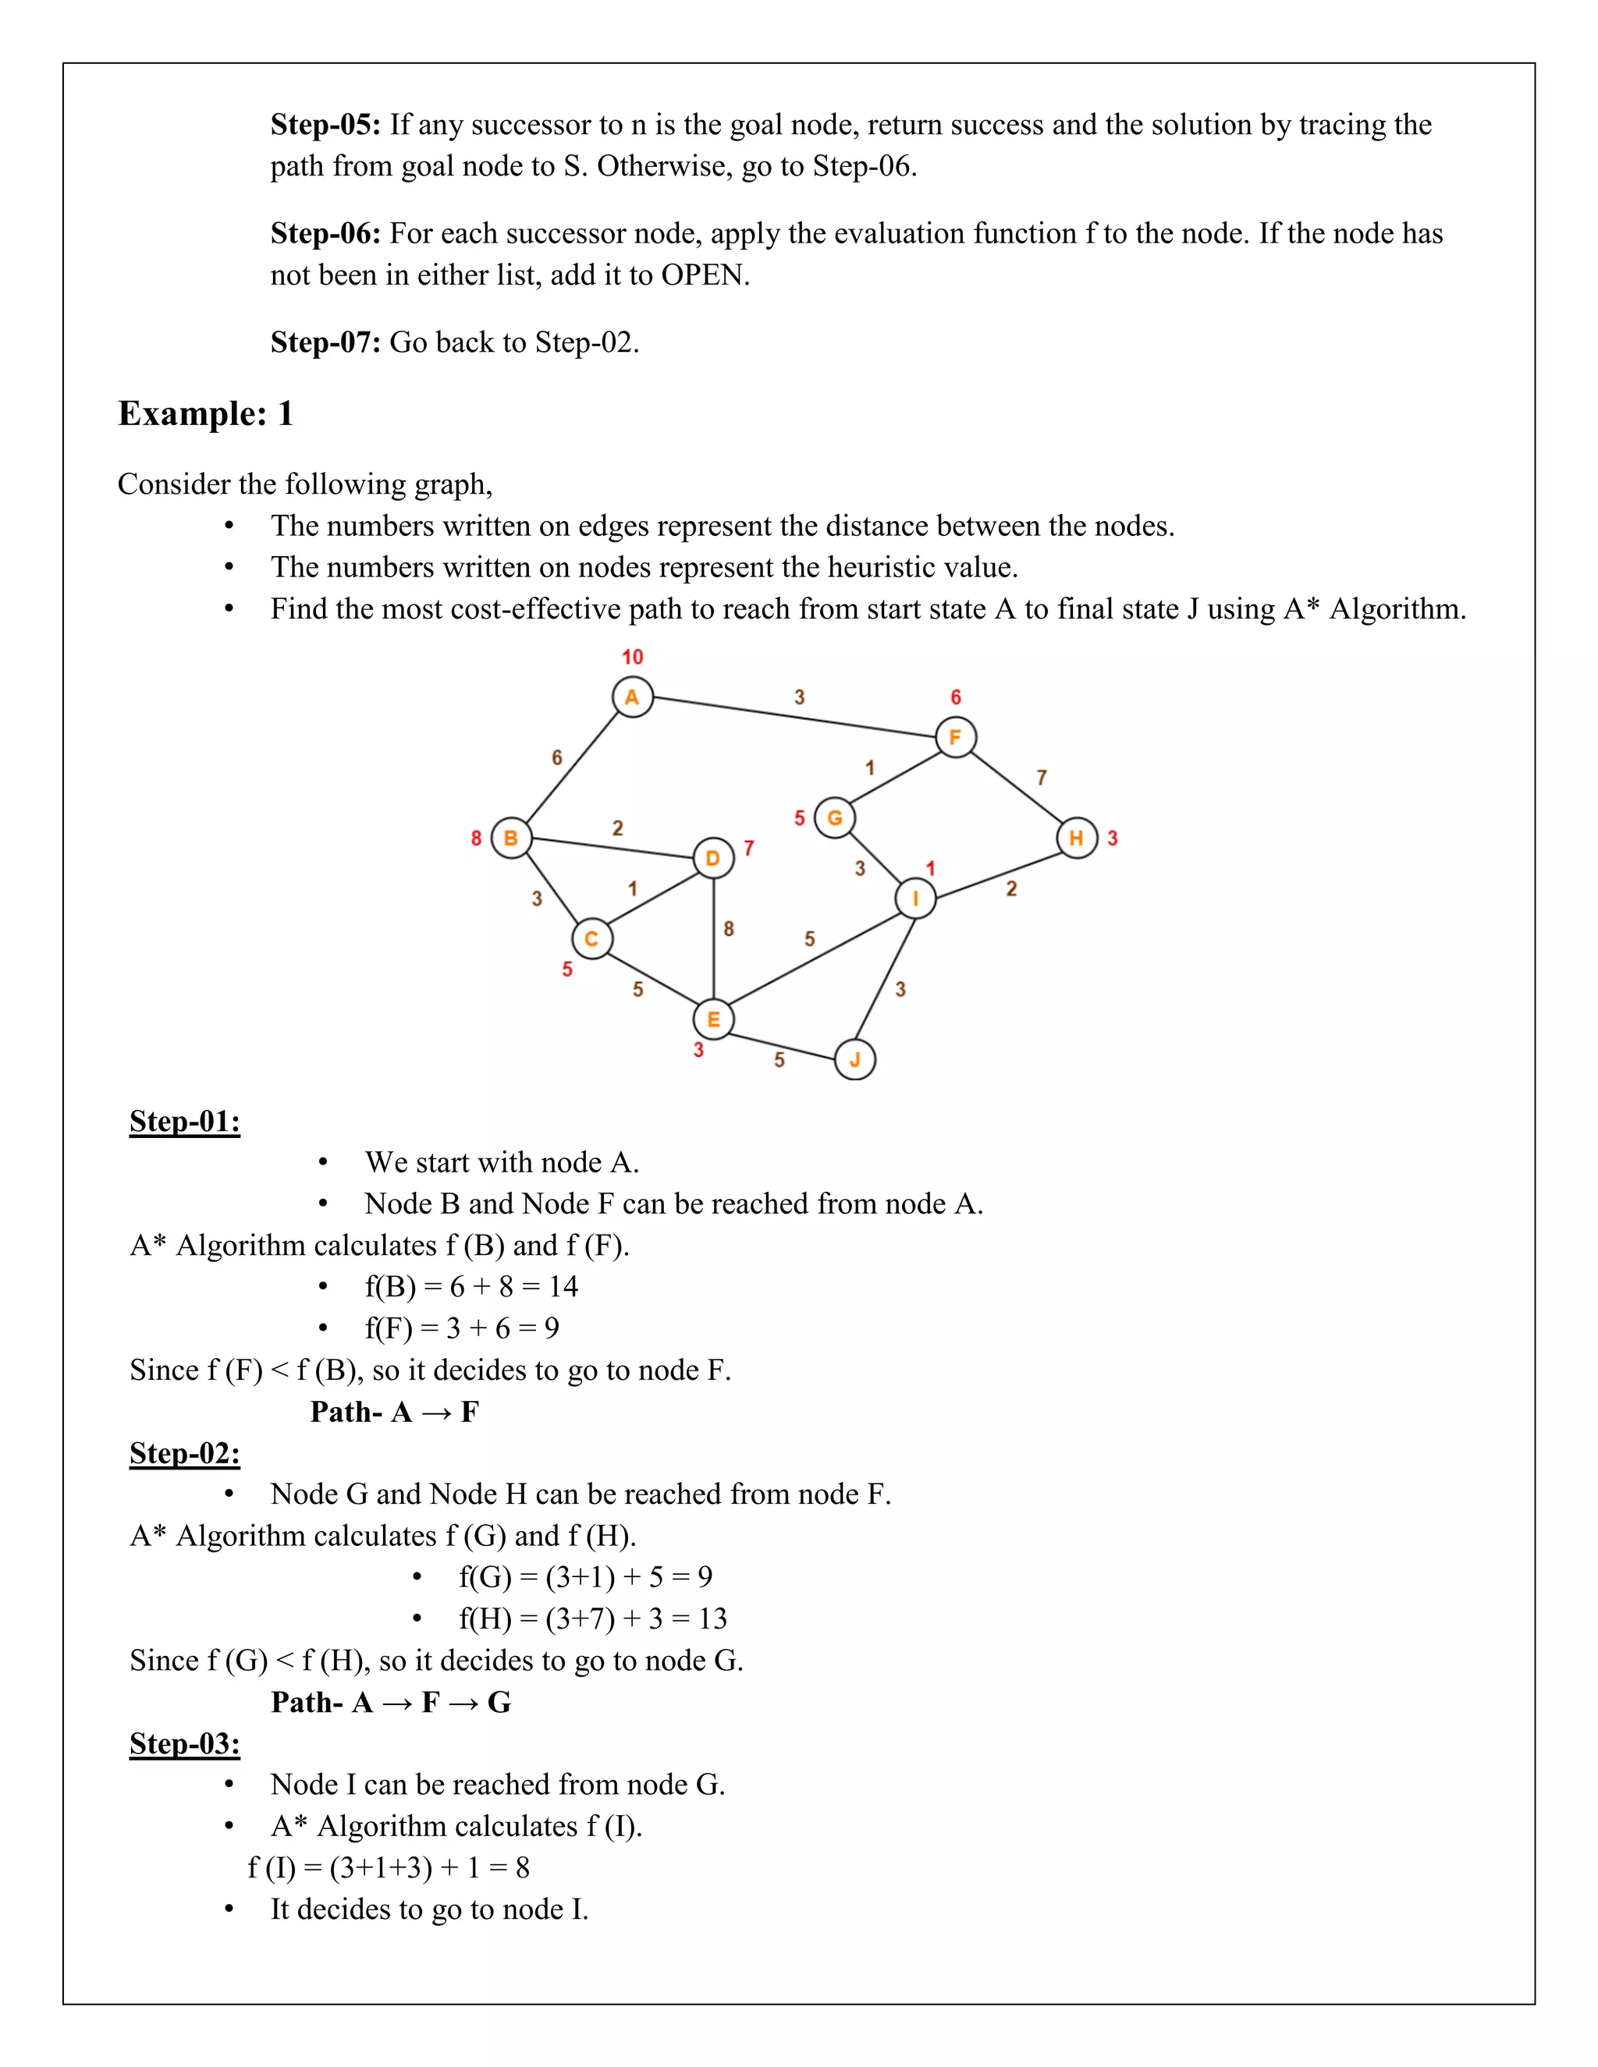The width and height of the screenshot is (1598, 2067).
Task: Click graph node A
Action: pyautogui.click(x=632, y=697)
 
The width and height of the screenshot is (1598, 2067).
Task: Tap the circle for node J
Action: pyautogui.click(x=855, y=1059)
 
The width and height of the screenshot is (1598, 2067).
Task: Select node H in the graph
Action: pyautogui.click(x=1076, y=838)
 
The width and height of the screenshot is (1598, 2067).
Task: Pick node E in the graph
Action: pyautogui.click(x=713, y=1019)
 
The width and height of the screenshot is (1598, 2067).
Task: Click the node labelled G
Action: pyautogui.click(x=834, y=817)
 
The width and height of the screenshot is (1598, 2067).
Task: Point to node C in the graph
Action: pyautogui.click(x=591, y=939)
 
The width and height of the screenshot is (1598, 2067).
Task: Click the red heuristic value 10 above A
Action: pyautogui.click(x=632, y=657)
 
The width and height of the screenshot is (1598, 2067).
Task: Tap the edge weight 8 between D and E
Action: pyautogui.click(x=728, y=928)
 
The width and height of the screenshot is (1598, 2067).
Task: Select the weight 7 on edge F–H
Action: pyautogui.click(x=1042, y=777)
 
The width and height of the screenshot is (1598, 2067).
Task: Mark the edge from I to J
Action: pyautogui.click(x=885, y=979)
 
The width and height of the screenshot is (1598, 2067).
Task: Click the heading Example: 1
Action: pyautogui.click(x=205, y=413)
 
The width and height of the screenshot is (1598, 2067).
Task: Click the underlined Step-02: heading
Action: pyautogui.click(x=185, y=1453)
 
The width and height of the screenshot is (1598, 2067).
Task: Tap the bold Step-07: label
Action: pyautogui.click(x=325, y=342)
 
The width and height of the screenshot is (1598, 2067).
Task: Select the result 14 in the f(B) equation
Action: pyautogui.click(x=563, y=1286)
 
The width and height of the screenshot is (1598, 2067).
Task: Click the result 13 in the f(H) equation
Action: pyautogui.click(x=712, y=1618)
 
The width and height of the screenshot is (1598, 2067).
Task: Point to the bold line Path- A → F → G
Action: pyautogui.click(x=391, y=1702)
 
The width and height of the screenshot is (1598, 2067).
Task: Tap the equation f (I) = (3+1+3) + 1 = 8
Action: pyautogui.click(x=388, y=1867)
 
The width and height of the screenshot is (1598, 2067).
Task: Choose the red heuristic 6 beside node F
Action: pyautogui.click(x=955, y=697)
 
